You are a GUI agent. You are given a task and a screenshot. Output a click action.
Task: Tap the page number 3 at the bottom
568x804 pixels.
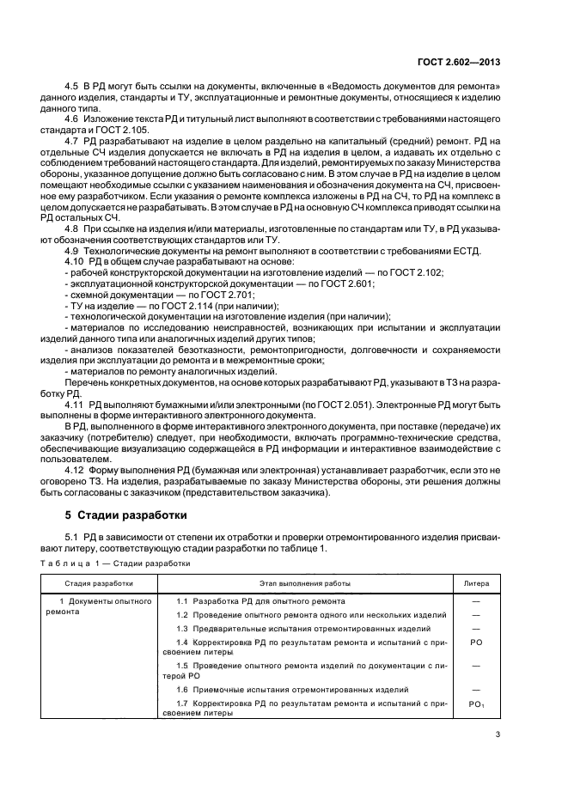click(x=498, y=734)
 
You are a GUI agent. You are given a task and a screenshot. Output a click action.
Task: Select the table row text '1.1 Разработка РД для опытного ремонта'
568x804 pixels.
click(x=260, y=600)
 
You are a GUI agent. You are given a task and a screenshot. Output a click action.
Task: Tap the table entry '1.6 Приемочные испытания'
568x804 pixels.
click(x=291, y=690)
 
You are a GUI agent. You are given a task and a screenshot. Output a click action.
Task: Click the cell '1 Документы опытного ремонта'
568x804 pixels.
click(x=102, y=606)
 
